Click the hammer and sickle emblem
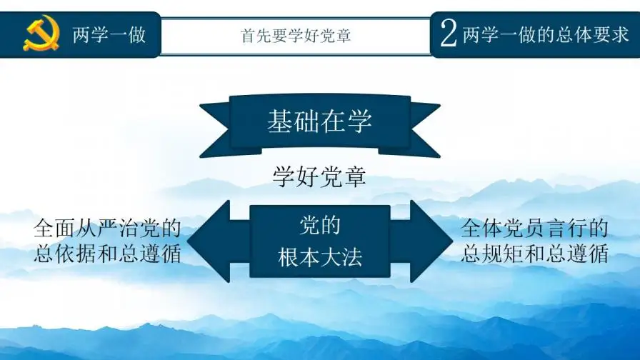click(41, 34)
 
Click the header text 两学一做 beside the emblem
click(109, 34)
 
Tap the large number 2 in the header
click(448, 34)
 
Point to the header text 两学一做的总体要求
click(545, 34)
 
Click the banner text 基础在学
click(319, 121)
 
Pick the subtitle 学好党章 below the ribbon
click(319, 176)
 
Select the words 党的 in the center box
click(319, 226)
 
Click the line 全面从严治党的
click(107, 229)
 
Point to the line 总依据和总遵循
click(107, 254)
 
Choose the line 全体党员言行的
click(534, 229)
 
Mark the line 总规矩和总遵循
click(534, 254)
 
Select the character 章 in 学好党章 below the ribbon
click(355, 176)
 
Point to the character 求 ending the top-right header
click(619, 34)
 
